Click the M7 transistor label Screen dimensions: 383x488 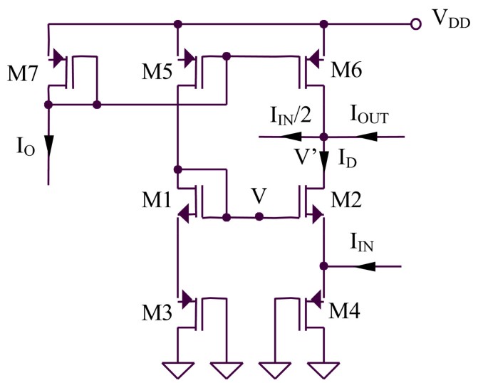(x=23, y=75)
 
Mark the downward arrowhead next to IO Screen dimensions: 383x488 (x=48, y=146)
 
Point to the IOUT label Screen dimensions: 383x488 (x=368, y=115)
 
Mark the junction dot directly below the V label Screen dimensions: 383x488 (x=260, y=216)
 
